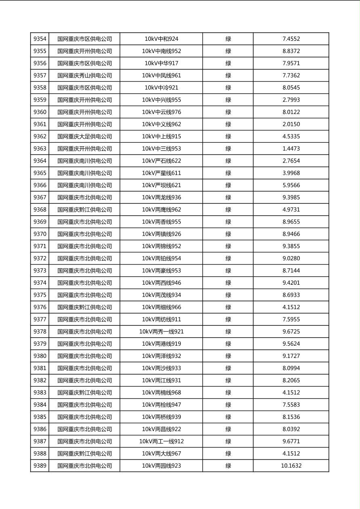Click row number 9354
tap(40, 39)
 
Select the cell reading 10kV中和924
tap(161, 39)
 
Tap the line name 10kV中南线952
tap(161, 51)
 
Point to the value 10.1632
tap(291, 466)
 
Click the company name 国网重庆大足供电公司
tap(84, 136)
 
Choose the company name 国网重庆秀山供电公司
tap(84, 75)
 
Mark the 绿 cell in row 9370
tap(228, 234)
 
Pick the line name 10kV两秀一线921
tap(161, 332)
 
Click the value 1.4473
tap(291, 148)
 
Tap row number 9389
tap(40, 466)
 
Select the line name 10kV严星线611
tap(161, 173)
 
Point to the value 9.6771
tap(291, 441)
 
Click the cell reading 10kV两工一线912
tap(161, 441)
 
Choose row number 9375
tap(40, 295)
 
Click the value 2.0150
tap(291, 124)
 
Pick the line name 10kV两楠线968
tap(161, 392)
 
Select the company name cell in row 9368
tap(84, 210)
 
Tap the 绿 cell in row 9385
tap(228, 417)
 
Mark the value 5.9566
tap(291, 185)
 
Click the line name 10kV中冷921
tap(161, 88)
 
